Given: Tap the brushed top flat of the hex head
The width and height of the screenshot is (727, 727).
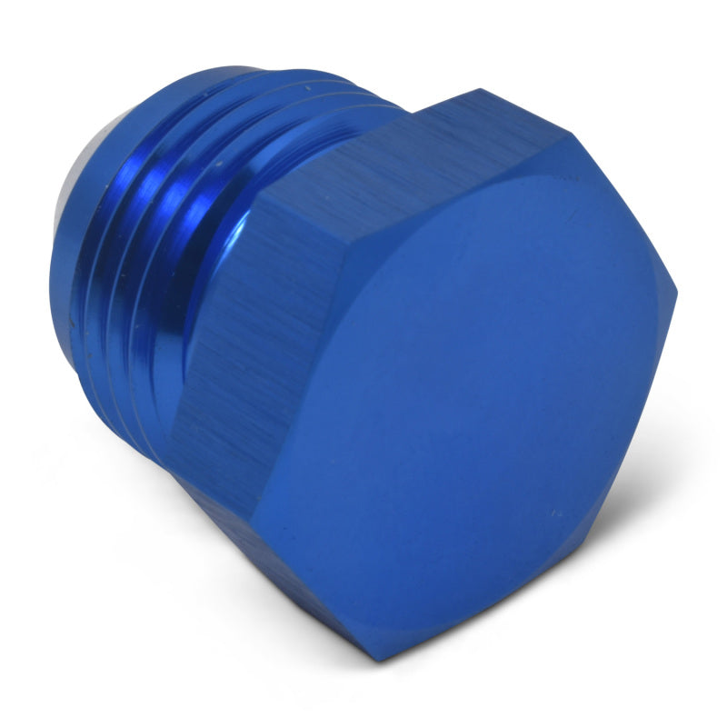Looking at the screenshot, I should (x=400, y=154).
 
